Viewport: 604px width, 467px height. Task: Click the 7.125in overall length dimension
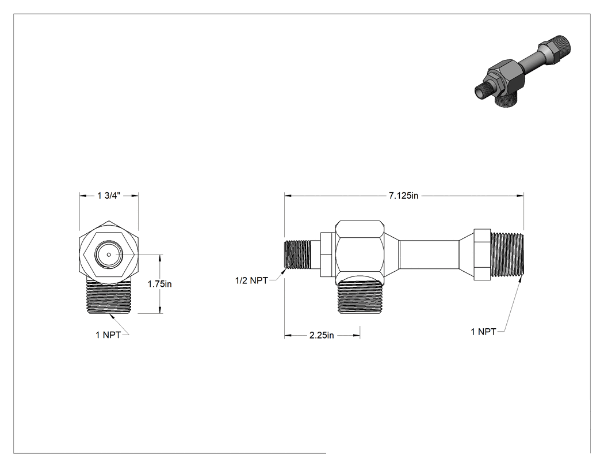(403, 196)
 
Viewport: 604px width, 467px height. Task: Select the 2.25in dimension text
(322, 336)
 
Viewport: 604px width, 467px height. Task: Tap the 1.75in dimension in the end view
(160, 284)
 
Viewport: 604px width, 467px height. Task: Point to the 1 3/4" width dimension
(109, 196)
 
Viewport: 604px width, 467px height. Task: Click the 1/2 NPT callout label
(251, 281)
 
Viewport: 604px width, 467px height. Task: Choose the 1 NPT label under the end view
(108, 335)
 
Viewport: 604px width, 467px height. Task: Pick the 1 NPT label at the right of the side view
(483, 332)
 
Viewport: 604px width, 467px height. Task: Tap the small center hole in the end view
(109, 255)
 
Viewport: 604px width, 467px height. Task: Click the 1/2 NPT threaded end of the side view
(297, 255)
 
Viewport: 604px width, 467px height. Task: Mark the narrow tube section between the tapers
(429, 255)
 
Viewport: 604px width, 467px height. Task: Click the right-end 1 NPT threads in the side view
(507, 255)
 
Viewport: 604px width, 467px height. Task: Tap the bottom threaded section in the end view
(109, 296)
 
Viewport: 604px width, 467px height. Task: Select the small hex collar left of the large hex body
(327, 255)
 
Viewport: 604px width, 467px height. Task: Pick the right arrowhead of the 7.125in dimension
(521, 196)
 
